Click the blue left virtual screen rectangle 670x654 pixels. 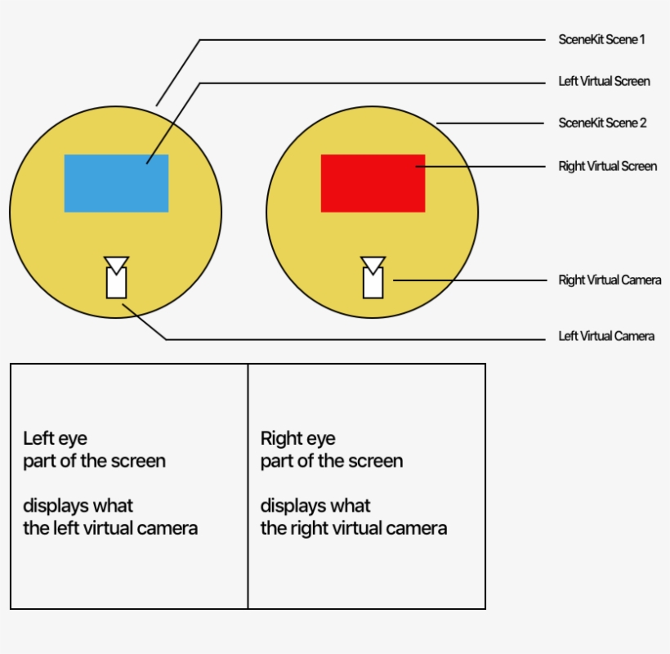coord(116,183)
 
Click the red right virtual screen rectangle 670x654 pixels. coord(373,183)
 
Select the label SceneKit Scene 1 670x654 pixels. coord(601,39)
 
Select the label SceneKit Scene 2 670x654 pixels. coord(602,123)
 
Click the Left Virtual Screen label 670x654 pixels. coord(604,81)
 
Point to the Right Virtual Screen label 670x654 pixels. coord(607,166)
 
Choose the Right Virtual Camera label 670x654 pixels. coord(610,280)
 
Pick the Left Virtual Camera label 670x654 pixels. coord(606,336)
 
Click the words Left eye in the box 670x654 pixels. coord(55,439)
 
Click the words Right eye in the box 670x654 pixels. coord(297,439)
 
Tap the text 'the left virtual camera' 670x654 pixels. coord(110,528)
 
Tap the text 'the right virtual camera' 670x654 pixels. coord(353,528)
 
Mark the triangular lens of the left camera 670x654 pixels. coord(116,263)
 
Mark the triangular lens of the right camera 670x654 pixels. coord(373,263)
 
